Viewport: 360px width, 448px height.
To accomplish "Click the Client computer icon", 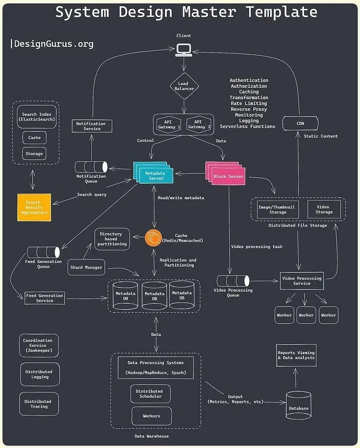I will pos(183,49).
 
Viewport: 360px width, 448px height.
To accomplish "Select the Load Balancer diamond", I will pos(183,86).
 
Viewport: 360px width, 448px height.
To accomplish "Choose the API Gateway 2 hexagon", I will pos(198,124).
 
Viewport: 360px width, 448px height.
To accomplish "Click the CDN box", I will pos(300,123).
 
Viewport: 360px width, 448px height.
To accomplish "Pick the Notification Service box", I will pos(91,126).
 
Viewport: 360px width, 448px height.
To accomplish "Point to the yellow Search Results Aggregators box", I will pos(34,208).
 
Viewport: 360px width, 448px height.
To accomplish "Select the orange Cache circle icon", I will pos(153,238).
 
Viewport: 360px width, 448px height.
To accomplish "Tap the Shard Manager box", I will pos(86,267).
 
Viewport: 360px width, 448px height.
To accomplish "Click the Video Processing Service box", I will pos(302,281).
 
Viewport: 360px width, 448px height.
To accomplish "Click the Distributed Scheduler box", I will pos(149,394).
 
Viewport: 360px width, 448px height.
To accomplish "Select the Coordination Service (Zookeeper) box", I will pos(39,345).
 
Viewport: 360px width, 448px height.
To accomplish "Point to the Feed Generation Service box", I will pos(45,298).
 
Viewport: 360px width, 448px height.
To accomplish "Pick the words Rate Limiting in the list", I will pos(249,103).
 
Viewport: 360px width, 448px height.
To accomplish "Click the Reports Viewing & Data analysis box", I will pos(296,356).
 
